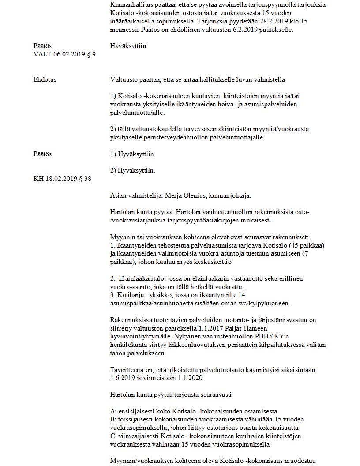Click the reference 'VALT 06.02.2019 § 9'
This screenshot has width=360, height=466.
pos(64,54)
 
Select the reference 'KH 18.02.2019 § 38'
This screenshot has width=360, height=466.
pos(62,179)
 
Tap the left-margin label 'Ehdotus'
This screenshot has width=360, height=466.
pos(45,79)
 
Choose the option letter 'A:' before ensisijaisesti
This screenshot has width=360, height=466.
pos(114,411)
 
